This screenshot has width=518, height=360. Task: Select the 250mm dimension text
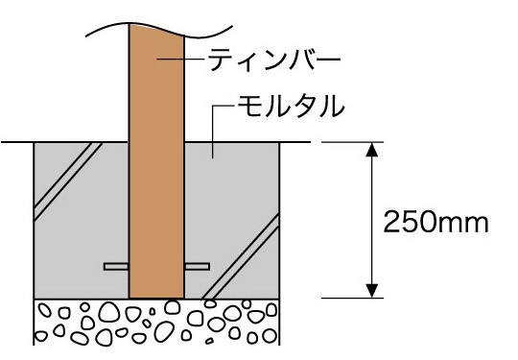pos(436,222)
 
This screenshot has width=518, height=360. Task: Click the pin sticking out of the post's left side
pos(115,265)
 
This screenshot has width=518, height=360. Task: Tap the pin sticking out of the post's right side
pos(197,265)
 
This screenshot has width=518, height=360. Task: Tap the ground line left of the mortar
pos(17,143)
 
